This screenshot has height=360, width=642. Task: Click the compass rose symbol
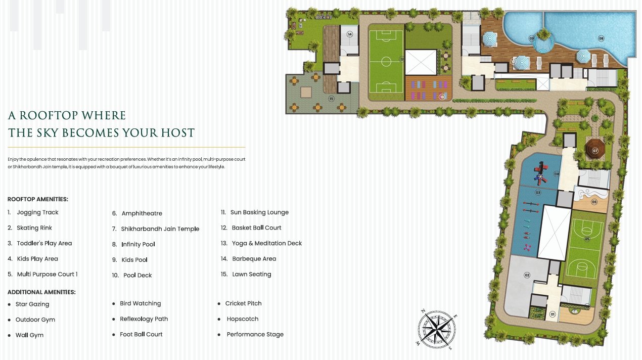436,330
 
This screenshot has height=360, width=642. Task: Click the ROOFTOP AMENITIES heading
38,199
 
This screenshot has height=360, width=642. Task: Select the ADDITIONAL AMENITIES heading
41,292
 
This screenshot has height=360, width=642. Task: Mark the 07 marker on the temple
595,151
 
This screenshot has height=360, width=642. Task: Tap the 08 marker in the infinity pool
601,38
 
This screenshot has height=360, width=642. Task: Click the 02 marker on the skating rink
527,275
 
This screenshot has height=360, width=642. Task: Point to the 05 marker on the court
587,239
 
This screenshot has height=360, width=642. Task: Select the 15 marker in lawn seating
331,99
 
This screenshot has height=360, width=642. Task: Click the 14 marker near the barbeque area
350,34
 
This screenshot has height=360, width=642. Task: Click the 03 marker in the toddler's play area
538,193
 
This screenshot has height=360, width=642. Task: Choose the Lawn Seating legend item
251,275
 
